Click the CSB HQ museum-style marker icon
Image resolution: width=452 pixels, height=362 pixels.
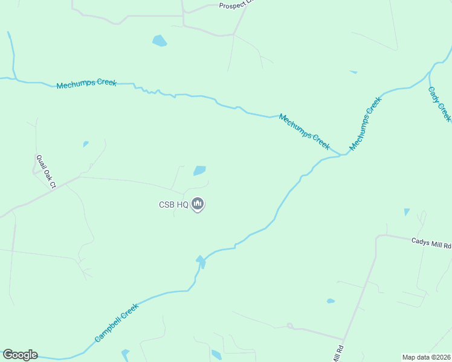(x=198, y=205)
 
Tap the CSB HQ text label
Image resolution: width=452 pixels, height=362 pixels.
(x=174, y=205)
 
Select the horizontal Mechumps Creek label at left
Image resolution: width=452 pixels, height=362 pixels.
(x=86, y=83)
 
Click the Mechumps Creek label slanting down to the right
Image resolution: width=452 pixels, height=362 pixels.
(x=305, y=132)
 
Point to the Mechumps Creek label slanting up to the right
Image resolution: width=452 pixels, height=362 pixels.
(x=366, y=124)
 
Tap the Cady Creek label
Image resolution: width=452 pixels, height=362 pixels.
(x=439, y=103)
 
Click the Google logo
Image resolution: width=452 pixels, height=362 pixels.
(x=20, y=355)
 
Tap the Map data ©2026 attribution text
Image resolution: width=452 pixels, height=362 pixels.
(x=426, y=357)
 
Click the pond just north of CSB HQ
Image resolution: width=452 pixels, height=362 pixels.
(x=199, y=171)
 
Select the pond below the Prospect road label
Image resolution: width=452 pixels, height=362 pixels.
(x=160, y=41)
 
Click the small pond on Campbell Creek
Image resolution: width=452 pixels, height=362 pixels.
(x=201, y=261)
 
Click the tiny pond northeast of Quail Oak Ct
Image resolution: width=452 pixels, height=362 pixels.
(x=86, y=144)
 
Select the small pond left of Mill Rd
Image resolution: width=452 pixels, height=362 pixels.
(x=331, y=300)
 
